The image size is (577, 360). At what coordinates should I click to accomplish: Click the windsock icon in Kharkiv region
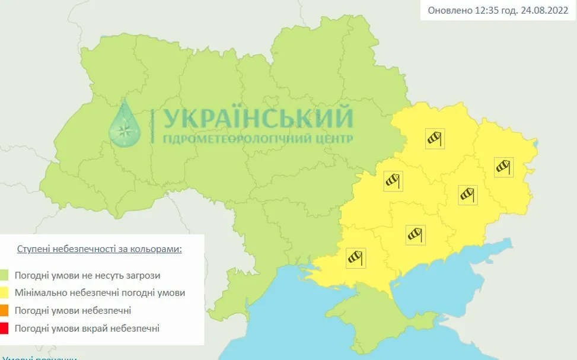click(x=435, y=139)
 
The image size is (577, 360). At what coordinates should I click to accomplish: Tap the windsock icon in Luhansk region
click(x=504, y=167)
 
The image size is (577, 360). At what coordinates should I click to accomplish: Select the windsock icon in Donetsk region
click(x=468, y=194)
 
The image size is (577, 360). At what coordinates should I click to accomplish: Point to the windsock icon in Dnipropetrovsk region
click(x=393, y=180)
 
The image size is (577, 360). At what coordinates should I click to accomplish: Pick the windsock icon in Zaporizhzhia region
click(x=415, y=234)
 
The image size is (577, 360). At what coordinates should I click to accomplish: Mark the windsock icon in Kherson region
click(x=355, y=257)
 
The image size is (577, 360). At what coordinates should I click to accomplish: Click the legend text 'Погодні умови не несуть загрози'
click(x=87, y=275)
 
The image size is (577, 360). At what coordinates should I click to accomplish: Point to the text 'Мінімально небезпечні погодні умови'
click(x=100, y=292)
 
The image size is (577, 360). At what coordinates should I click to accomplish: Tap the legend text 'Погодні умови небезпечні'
click(x=73, y=310)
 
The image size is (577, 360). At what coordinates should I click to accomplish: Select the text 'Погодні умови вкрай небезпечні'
click(x=87, y=327)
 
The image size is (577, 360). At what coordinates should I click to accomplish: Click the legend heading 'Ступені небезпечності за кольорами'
click(x=99, y=249)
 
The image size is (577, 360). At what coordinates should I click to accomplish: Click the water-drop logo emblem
click(x=125, y=124)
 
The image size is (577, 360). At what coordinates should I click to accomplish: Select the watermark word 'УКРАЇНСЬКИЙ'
click(x=257, y=119)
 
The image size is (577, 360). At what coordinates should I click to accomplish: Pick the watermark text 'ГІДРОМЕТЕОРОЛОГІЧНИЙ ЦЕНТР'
click(x=257, y=139)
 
